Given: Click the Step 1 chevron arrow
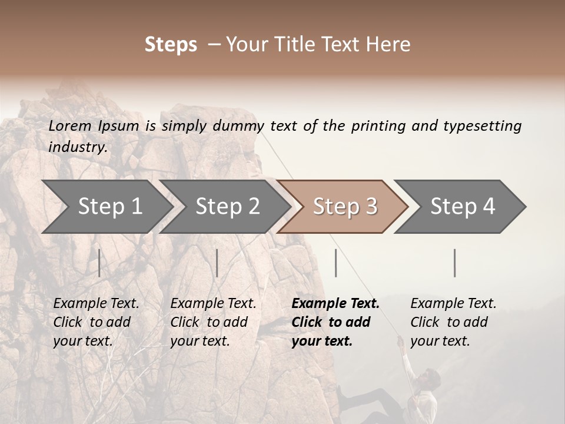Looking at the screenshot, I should click(x=109, y=207).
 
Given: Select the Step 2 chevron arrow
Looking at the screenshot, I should click(x=227, y=207).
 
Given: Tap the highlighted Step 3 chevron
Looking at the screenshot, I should click(x=345, y=207).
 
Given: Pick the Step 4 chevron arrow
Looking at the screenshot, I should click(x=463, y=207).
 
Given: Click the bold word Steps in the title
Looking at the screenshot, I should click(x=171, y=45).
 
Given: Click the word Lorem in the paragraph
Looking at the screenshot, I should click(x=70, y=125).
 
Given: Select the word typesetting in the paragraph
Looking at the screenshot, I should click(x=483, y=125).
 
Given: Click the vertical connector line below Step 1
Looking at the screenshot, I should click(x=99, y=263).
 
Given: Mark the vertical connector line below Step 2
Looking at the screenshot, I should click(x=217, y=263).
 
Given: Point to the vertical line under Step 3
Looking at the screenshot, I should click(x=336, y=263).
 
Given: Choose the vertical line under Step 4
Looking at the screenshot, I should click(x=455, y=263).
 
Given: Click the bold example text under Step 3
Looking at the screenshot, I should click(x=335, y=322).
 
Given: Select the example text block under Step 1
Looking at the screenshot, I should click(x=96, y=322).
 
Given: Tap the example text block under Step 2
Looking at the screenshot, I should click(x=213, y=322).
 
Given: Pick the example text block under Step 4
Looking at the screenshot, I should click(x=453, y=322).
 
